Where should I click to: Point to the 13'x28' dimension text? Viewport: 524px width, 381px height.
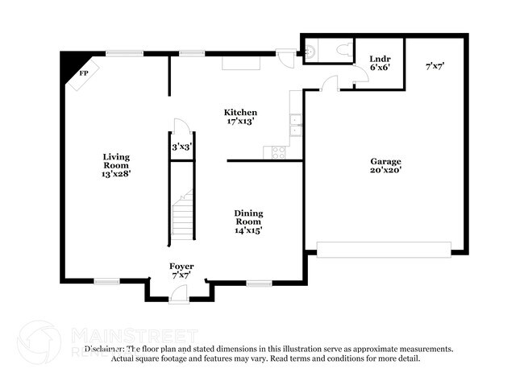(x=116, y=172)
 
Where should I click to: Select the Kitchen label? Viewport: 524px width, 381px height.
(x=240, y=112)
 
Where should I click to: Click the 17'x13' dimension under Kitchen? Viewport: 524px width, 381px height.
(x=240, y=122)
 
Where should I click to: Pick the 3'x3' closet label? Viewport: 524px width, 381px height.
(x=181, y=147)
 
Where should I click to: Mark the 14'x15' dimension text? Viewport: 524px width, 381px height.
(x=248, y=230)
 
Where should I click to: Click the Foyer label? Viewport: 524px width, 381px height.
(x=181, y=267)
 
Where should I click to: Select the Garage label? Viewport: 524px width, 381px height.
(x=385, y=161)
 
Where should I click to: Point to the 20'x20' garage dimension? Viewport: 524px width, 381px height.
(x=385, y=171)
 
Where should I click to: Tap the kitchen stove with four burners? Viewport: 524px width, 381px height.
(x=279, y=151)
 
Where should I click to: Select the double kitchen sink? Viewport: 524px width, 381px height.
(x=295, y=125)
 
